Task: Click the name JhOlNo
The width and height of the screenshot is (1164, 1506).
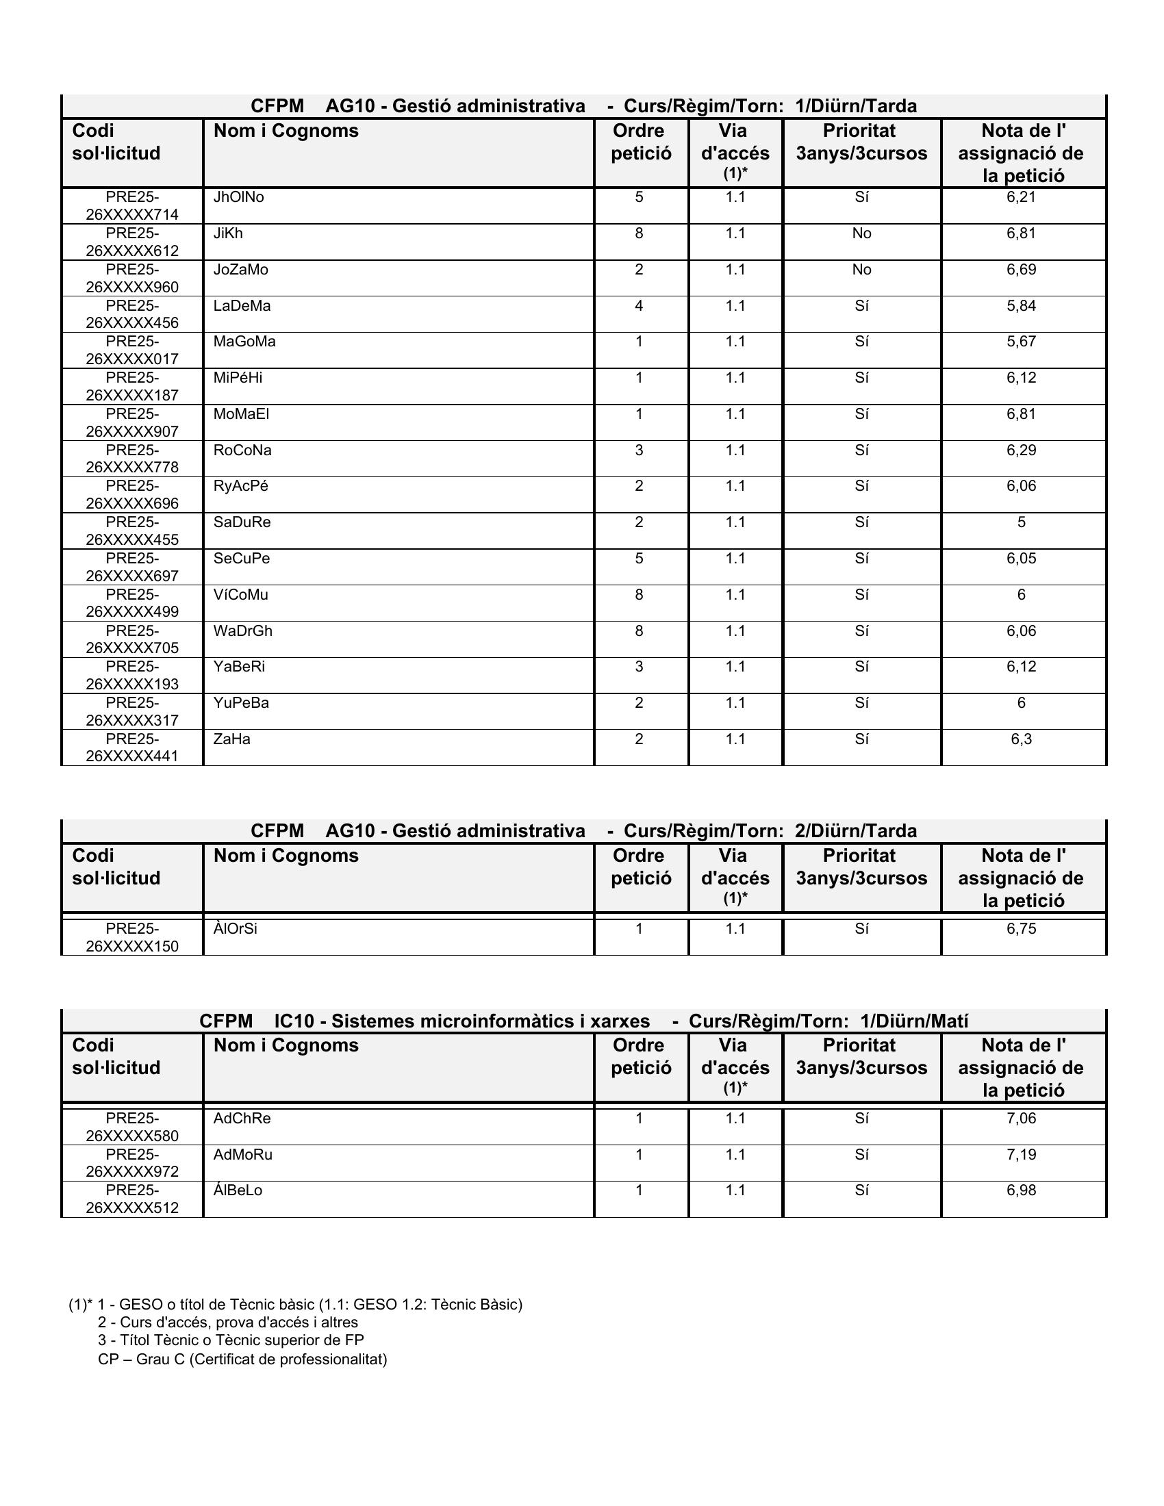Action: point(238,197)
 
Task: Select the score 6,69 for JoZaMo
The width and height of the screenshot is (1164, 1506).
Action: point(1021,270)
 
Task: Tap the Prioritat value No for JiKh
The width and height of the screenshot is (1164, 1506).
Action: point(861,233)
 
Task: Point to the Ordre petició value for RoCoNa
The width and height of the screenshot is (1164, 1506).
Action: point(640,450)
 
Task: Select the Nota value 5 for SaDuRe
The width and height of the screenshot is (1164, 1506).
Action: point(1021,522)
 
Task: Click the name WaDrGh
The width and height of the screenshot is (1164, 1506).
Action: point(243,631)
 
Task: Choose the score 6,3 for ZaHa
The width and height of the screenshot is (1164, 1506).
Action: point(1021,739)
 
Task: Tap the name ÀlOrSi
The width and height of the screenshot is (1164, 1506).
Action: point(235,929)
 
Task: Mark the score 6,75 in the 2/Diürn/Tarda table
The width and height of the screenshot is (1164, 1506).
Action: point(1021,929)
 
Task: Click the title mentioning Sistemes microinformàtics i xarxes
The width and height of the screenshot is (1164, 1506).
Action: point(583,1021)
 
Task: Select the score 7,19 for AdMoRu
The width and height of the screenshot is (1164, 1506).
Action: point(1021,1154)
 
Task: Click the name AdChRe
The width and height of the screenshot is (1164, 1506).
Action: point(242,1119)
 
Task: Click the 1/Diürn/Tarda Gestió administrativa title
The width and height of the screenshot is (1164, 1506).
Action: point(583,106)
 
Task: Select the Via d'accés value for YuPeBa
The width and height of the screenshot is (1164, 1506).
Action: point(735,702)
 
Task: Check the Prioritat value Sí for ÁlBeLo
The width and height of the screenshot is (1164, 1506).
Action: point(861,1190)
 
